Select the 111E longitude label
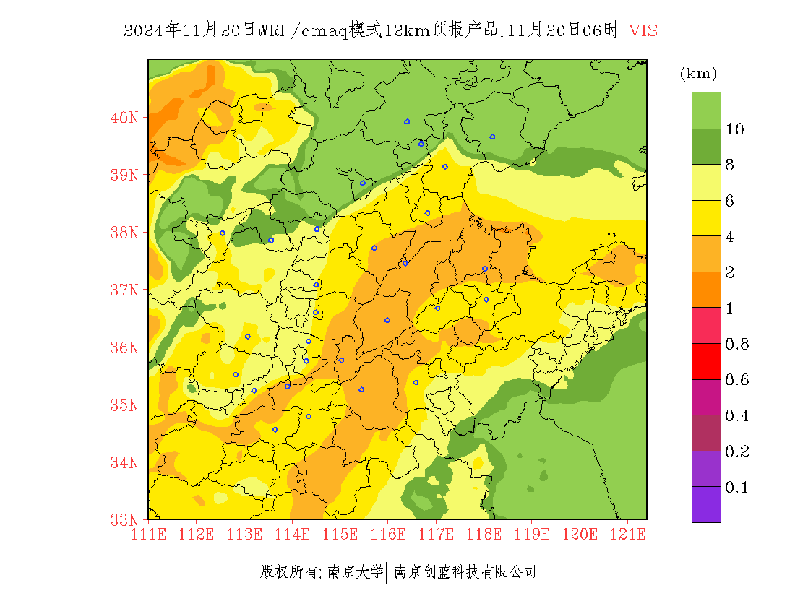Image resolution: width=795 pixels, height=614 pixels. click(148, 535)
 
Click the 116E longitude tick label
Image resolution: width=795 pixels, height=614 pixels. click(387, 535)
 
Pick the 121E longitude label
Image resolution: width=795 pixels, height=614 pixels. click(627, 535)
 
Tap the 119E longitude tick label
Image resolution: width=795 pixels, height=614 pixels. click(531, 535)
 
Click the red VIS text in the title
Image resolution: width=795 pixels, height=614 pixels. click(643, 30)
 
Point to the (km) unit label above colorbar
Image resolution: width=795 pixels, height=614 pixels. click(698, 74)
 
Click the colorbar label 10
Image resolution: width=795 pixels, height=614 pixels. click(735, 129)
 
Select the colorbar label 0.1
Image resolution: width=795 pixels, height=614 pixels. click(736, 488)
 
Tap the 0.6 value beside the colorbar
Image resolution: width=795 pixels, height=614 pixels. click(736, 380)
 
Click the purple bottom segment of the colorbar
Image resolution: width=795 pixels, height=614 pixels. click(706, 504)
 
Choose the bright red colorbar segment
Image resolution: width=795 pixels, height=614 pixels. click(706, 362)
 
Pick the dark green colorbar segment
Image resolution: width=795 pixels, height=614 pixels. click(706, 147)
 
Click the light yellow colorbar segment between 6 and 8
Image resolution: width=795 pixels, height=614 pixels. click(706, 183)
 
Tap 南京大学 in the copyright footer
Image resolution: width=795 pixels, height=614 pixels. click(355, 572)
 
